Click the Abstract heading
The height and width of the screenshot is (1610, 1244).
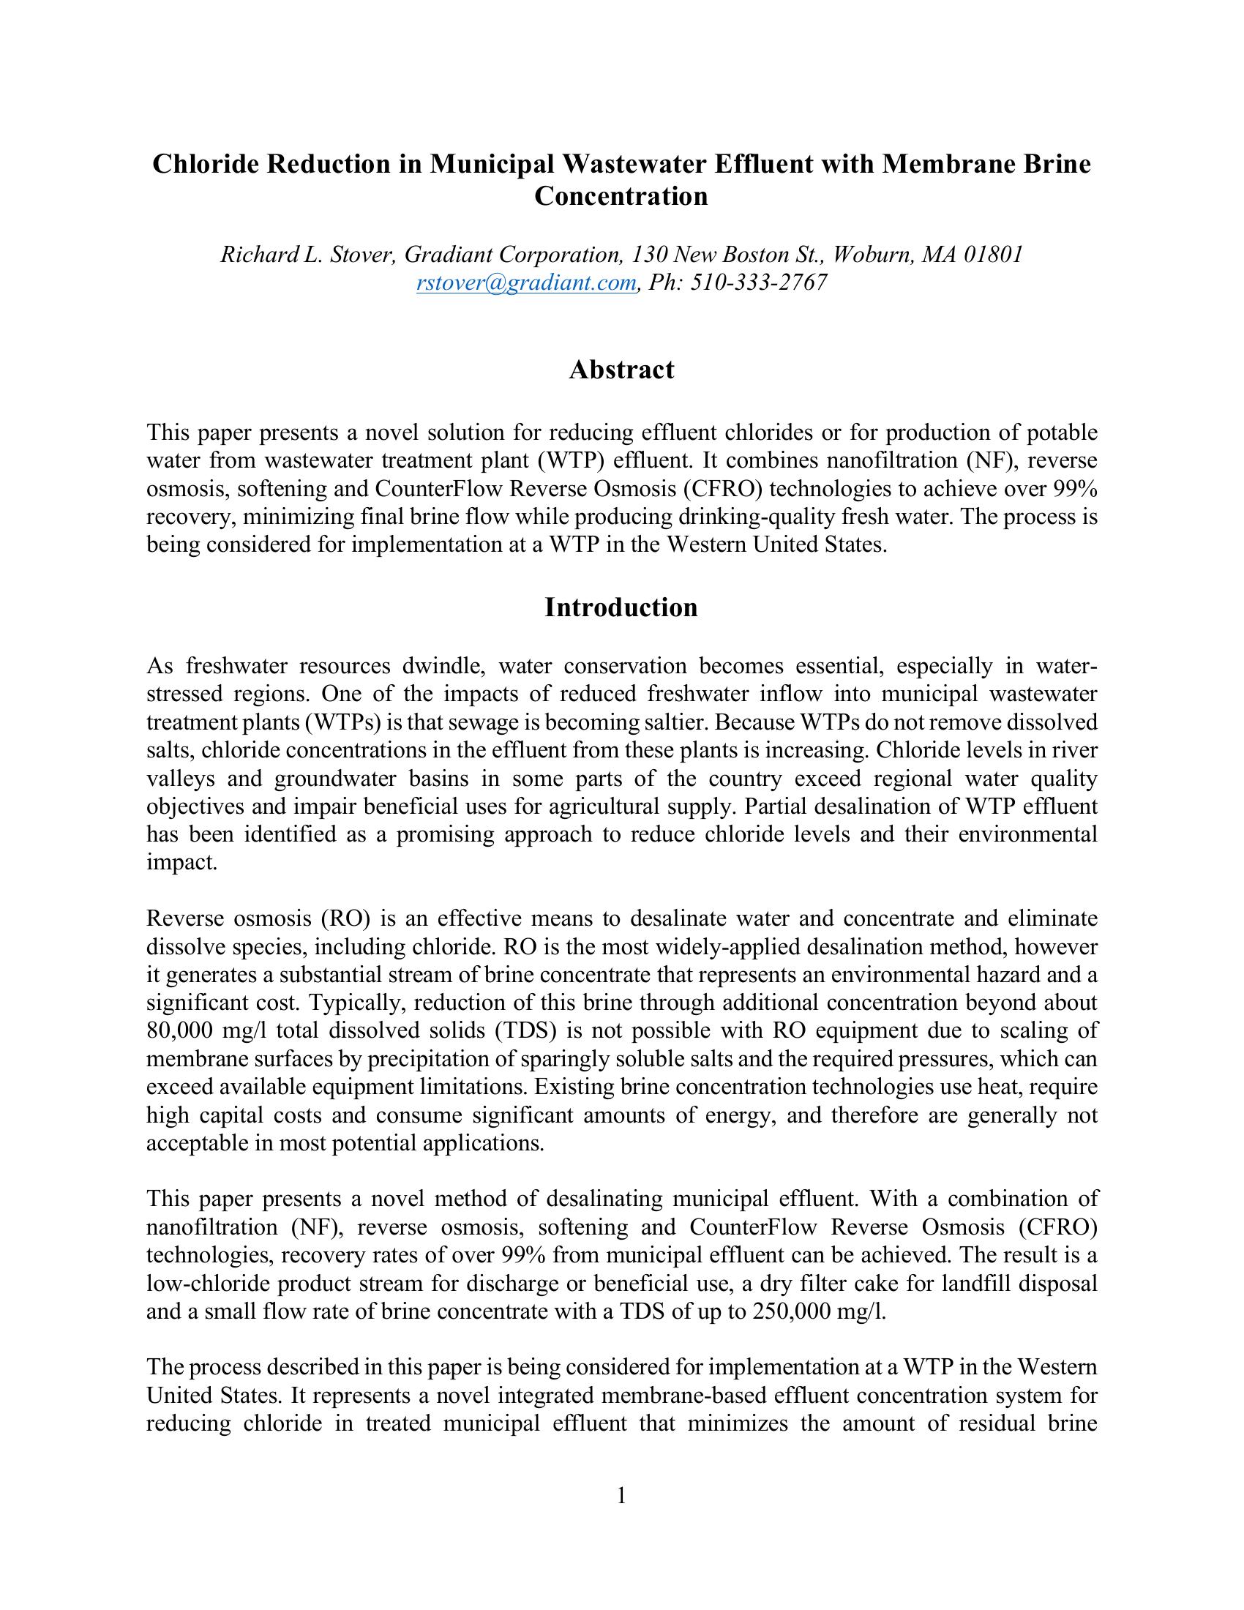pos(621,370)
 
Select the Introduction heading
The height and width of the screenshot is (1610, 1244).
pos(621,607)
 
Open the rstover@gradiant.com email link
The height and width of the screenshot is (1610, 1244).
pos(525,282)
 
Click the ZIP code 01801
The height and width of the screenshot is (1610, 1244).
pos(994,255)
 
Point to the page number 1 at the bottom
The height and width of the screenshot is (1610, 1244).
pos(621,1496)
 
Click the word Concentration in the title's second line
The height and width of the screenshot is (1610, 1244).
pos(621,197)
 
